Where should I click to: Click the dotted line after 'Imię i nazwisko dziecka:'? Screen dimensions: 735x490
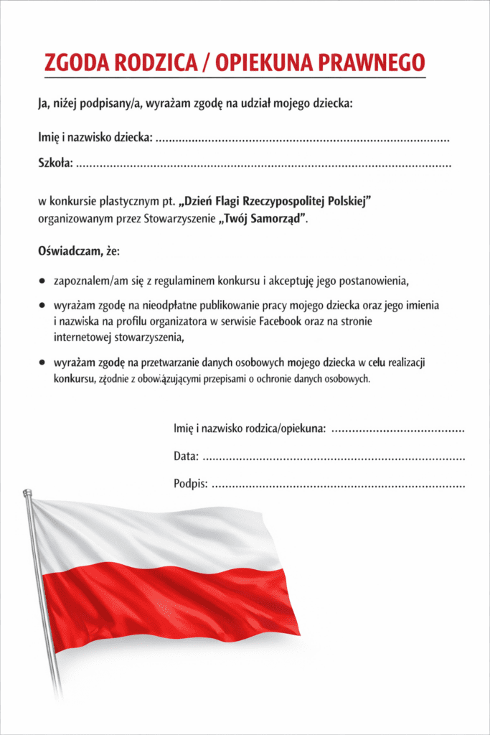click(302, 139)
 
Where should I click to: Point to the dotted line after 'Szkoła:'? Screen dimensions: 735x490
click(263, 164)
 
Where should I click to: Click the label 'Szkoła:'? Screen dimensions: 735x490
click(55, 164)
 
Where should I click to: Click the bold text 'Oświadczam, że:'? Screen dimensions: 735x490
click(79, 252)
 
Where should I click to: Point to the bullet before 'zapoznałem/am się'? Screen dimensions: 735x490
click(43, 280)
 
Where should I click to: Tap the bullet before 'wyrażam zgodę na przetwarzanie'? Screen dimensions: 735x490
click(43, 363)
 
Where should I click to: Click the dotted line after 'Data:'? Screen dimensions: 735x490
click(334, 457)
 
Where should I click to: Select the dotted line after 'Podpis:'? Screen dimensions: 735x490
click(339, 484)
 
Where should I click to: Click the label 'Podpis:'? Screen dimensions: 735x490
click(190, 484)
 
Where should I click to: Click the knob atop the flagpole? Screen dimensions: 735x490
click(27, 492)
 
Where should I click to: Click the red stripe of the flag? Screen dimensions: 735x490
click(172, 603)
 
